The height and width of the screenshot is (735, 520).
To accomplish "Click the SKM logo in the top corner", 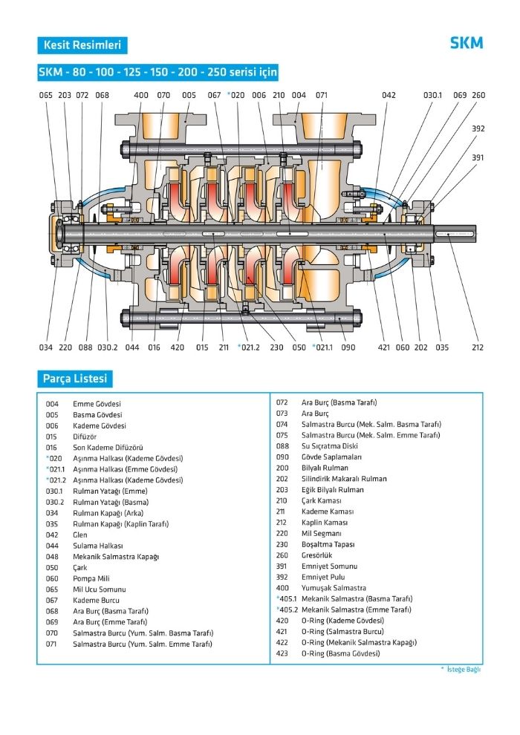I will (466, 43).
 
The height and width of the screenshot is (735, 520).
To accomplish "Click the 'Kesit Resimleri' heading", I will (82, 45).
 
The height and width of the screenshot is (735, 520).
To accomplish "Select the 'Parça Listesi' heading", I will (74, 379).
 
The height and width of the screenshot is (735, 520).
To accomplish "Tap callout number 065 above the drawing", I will (46, 95).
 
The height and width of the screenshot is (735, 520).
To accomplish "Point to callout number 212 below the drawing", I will (477, 347).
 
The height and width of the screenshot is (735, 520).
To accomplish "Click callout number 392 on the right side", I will (478, 128).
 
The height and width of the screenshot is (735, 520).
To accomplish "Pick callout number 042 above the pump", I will (389, 95).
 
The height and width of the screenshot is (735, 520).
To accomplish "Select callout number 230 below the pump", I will (276, 347).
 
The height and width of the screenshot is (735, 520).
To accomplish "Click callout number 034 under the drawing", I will (46, 347).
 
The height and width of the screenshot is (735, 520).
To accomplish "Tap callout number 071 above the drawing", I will (322, 95).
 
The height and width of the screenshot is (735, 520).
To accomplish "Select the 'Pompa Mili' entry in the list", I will (92, 578).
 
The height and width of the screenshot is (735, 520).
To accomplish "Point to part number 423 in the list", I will (282, 653).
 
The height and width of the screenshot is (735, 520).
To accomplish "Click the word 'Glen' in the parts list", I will (80, 535).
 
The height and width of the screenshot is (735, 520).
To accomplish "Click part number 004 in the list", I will (52, 404).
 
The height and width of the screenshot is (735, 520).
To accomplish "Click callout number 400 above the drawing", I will (141, 95).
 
